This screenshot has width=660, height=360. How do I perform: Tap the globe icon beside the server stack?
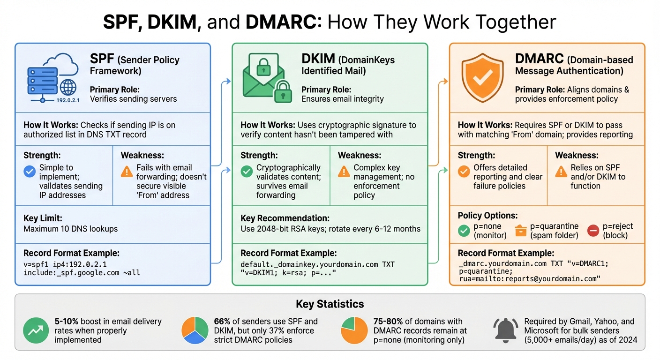point(68,88)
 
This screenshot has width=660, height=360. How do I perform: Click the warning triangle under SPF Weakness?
point(127,172)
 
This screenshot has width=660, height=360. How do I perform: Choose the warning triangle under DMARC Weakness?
point(561,172)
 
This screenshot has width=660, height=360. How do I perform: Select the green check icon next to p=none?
point(464,231)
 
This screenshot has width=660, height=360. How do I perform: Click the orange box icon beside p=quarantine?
point(521,231)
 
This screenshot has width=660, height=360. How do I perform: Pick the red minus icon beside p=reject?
point(593,231)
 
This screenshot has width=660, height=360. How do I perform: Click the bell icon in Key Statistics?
point(505,330)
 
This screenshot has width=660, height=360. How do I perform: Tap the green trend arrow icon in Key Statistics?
point(36,330)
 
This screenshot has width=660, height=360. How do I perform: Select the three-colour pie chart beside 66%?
point(195,330)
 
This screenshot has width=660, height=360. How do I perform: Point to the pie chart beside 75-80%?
point(354,330)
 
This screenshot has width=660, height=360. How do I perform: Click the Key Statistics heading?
point(330,304)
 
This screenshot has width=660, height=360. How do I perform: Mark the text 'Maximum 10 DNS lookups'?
point(70,229)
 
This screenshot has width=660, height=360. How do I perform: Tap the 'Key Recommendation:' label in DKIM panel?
point(285,218)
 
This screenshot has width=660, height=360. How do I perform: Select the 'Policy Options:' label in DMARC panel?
point(487,216)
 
